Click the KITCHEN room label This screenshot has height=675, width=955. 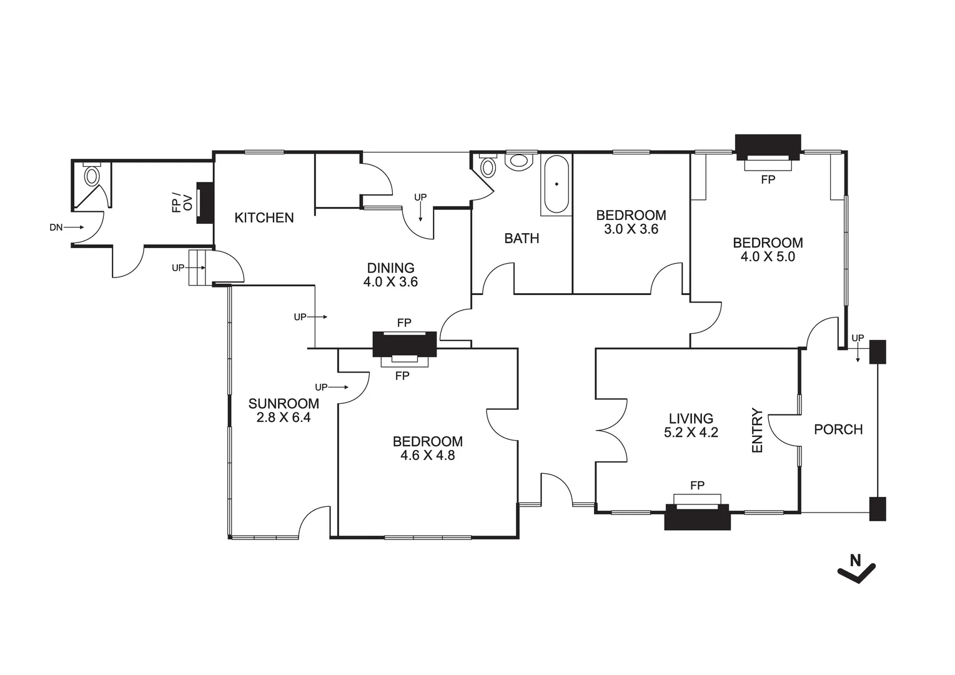[264, 217]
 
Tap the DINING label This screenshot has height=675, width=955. [390, 268]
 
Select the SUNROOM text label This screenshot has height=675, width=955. [284, 404]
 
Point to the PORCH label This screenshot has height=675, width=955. [838, 429]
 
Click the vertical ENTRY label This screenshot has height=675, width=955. [757, 431]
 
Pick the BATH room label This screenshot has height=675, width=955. [522, 238]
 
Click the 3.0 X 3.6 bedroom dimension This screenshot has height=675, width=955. [631, 229]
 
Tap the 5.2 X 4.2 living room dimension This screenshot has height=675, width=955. [691, 432]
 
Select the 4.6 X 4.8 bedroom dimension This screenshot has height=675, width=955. [427, 456]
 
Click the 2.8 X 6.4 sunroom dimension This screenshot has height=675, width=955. [284, 417]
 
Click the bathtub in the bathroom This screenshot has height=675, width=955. [556, 185]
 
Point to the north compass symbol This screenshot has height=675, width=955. [856, 568]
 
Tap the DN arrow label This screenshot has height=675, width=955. [56, 227]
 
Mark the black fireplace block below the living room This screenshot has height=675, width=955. [697, 517]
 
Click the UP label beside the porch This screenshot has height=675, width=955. [858, 338]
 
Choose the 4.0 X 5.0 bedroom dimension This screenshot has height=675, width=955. [768, 257]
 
